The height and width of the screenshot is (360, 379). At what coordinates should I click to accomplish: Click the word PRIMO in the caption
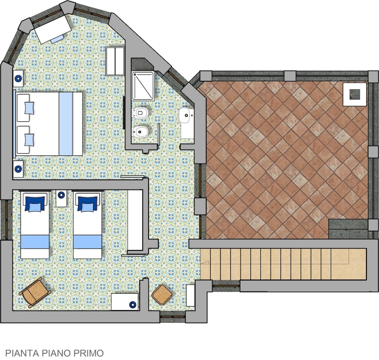88,353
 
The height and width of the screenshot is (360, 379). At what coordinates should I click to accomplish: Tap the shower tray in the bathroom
143,86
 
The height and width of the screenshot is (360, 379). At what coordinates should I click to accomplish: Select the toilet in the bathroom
141,113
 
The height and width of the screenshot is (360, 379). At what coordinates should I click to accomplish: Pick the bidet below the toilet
141,132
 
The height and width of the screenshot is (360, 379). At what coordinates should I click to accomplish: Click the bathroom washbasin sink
185,115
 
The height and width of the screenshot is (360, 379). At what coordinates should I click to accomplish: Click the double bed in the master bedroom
48,124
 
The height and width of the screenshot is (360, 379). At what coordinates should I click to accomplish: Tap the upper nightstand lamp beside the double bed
18,79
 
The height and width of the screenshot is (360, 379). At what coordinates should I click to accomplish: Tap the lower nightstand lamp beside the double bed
18,169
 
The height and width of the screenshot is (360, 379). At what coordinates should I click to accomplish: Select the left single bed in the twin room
35,225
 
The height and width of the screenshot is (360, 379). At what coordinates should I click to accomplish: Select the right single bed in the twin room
87,225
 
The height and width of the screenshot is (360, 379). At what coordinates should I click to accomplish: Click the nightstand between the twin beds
61,198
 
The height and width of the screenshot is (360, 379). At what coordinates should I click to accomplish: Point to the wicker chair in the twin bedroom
35,293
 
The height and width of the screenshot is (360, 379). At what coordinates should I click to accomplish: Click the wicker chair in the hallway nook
162,295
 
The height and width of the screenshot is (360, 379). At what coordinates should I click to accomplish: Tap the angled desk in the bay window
53,30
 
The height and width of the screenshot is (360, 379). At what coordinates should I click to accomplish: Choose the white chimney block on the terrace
355,94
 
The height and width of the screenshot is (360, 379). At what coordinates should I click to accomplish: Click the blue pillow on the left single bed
35,204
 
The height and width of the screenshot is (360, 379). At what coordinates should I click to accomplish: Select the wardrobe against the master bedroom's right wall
115,61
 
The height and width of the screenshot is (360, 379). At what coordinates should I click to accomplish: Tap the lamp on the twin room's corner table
132,304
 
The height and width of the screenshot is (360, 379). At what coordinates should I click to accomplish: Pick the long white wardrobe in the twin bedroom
135,220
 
